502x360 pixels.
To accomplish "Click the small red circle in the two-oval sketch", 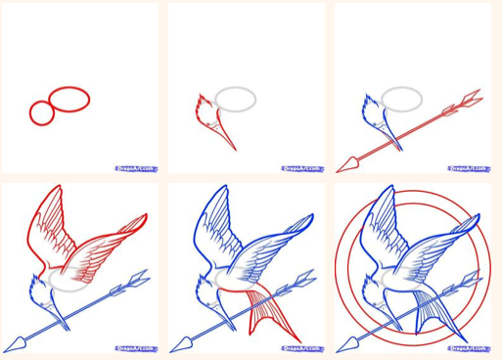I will [x=41, y=114].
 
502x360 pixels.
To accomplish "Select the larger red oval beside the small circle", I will [x=68, y=100].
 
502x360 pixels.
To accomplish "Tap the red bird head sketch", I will [x=205, y=109].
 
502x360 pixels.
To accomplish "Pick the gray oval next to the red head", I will [x=236, y=99].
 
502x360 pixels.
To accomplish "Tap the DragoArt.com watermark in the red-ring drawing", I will [x=468, y=347].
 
